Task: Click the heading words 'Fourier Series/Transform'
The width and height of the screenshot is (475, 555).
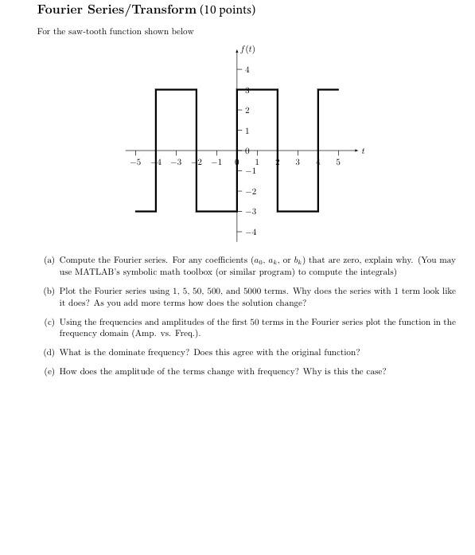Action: [x=116, y=10]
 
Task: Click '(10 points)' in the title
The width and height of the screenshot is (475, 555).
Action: [x=228, y=10]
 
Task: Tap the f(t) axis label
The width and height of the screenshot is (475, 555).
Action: [x=247, y=49]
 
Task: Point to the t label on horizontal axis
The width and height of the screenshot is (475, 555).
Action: [x=363, y=150]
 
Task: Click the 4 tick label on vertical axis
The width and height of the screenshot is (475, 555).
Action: [x=247, y=70]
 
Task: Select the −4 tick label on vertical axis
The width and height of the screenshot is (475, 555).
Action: [x=251, y=233]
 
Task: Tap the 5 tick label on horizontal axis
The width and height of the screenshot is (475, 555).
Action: [x=337, y=162]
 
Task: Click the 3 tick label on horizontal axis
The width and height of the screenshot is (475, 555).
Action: [x=297, y=162]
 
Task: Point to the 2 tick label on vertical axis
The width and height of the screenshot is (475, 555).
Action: [x=247, y=110]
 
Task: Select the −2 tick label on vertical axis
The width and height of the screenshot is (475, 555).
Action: [x=251, y=192]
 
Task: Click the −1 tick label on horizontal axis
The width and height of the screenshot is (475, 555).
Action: [x=216, y=162]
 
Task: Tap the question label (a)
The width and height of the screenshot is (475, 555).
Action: [x=49, y=260]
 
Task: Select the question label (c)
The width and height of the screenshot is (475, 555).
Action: [x=49, y=322]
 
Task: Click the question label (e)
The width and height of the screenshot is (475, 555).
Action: [x=49, y=371]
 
